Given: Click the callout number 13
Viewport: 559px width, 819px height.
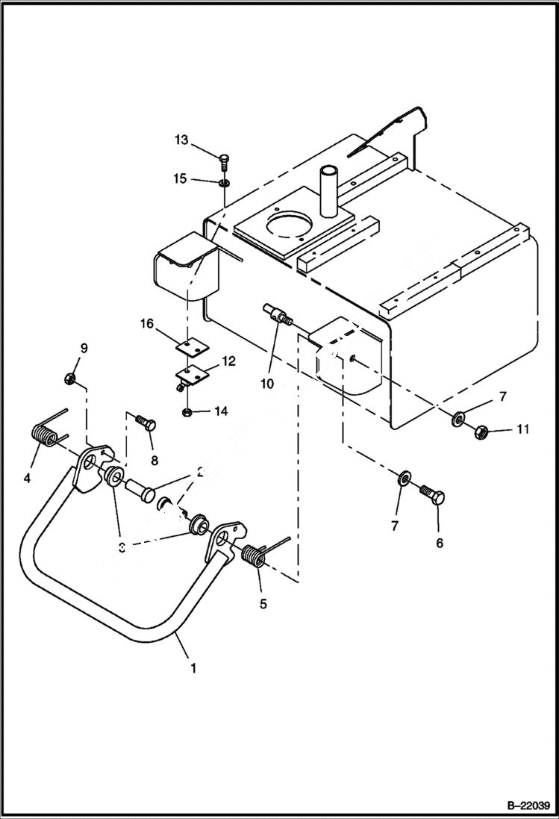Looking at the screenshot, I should click(x=182, y=140).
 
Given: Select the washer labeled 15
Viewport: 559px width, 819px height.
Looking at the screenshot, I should click(x=224, y=181).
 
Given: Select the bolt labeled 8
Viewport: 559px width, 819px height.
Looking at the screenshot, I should click(x=146, y=423).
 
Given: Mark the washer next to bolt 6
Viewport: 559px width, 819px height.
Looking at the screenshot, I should click(x=404, y=476).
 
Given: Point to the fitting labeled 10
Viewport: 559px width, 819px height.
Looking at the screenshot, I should click(x=275, y=314).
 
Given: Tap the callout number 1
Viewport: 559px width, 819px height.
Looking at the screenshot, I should click(x=193, y=668).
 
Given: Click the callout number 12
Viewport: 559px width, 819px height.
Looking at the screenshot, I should click(x=228, y=361).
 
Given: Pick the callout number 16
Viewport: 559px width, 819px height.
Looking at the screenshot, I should click(x=146, y=323).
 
